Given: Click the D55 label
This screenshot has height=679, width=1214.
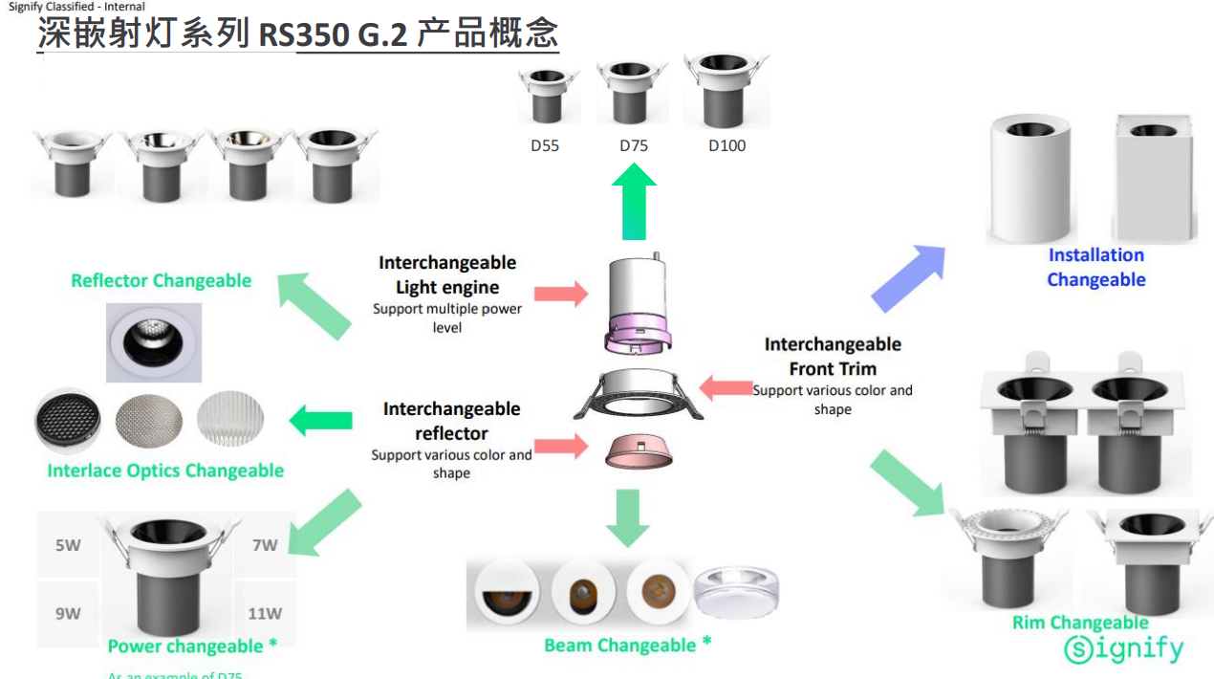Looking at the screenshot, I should click(x=545, y=146).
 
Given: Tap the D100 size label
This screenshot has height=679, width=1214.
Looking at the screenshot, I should click(x=726, y=146).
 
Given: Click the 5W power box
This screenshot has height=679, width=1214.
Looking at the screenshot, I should click(x=68, y=546).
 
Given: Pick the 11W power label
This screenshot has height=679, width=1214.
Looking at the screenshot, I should click(x=265, y=613).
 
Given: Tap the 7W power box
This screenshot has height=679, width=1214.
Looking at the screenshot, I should click(x=265, y=545).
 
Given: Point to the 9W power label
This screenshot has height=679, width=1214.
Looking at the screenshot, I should click(x=68, y=613).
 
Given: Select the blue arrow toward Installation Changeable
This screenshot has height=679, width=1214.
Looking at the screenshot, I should click(x=907, y=278).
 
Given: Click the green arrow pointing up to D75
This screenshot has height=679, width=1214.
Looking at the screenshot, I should click(x=633, y=203).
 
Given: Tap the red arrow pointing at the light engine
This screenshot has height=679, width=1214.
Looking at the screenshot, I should click(x=561, y=294).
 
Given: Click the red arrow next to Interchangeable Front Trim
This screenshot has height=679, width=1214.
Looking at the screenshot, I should click(x=726, y=387).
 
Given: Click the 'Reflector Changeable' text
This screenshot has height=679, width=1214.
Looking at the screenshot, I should click(x=161, y=281).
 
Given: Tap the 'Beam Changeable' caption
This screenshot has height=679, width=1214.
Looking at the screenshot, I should click(x=627, y=646).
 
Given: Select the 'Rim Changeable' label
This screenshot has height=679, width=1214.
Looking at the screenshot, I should click(x=1080, y=624).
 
